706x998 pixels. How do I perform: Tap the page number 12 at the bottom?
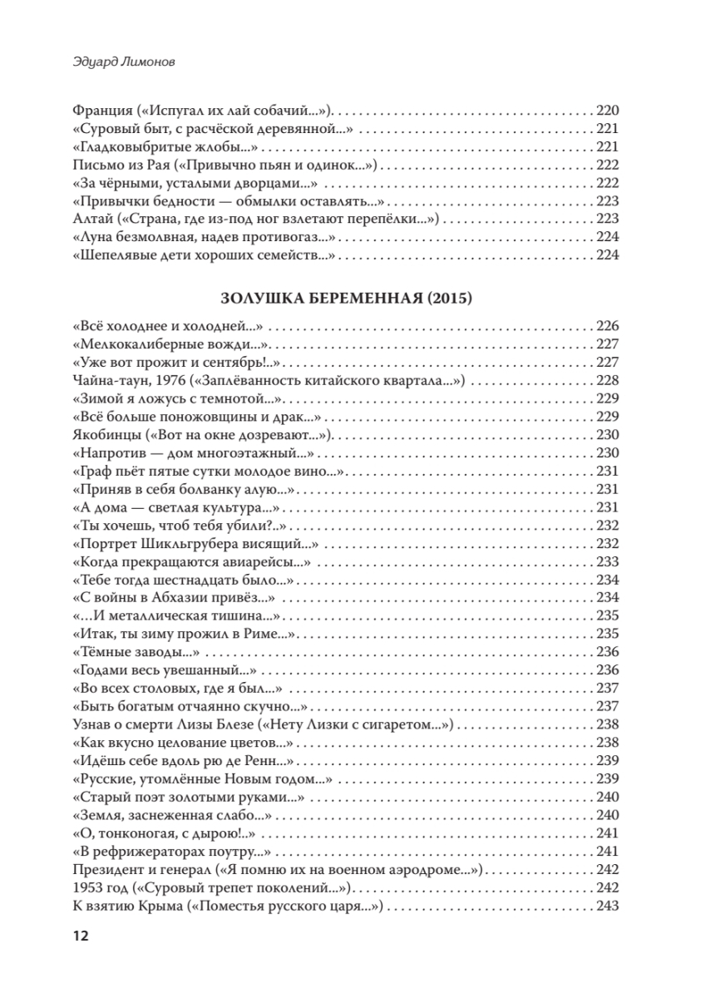(x=81, y=936)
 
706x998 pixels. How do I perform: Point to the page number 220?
(x=609, y=111)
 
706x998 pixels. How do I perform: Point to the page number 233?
(x=609, y=561)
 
